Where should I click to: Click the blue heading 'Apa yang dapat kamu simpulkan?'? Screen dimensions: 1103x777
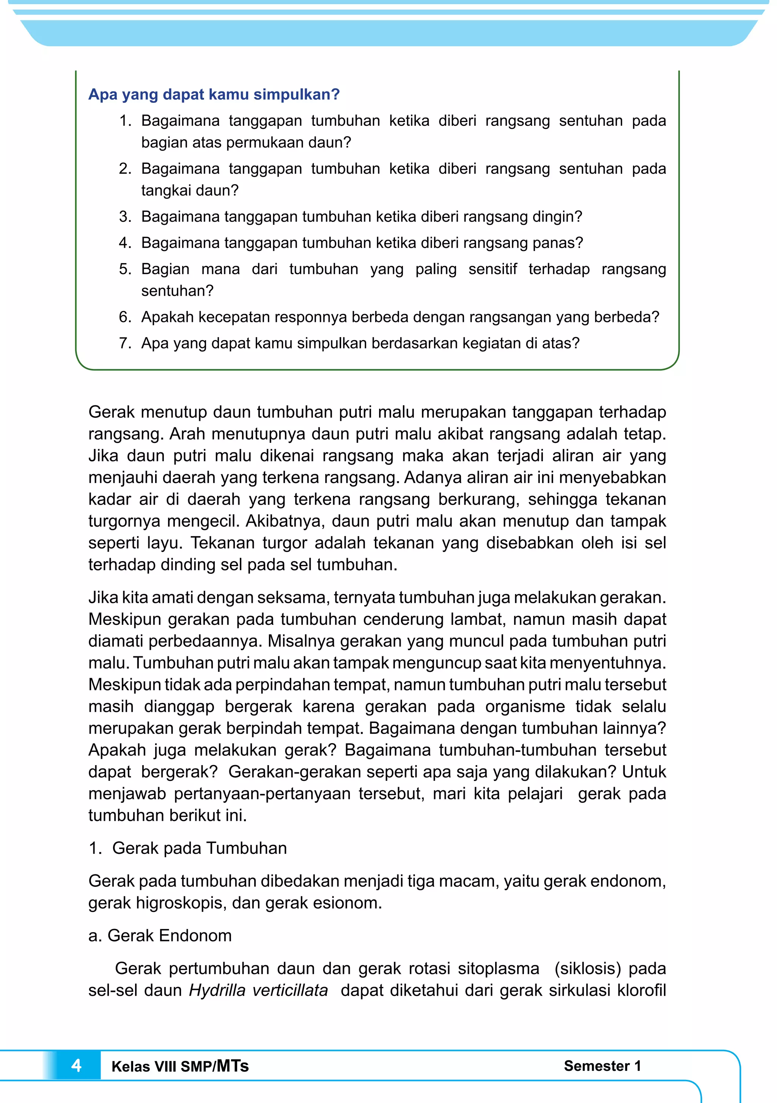click(x=214, y=94)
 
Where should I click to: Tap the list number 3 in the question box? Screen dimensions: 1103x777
click(x=124, y=217)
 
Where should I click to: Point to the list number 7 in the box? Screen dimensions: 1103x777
click(x=124, y=343)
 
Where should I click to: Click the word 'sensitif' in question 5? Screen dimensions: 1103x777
click(x=492, y=269)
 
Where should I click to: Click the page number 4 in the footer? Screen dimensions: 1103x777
click(x=76, y=1065)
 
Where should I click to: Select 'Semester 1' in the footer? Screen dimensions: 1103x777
click(x=602, y=1065)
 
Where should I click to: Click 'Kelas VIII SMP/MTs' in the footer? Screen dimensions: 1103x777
click(x=180, y=1066)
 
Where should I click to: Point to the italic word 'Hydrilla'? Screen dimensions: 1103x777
click(x=217, y=990)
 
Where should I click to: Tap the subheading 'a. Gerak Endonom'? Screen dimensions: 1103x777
click(x=160, y=935)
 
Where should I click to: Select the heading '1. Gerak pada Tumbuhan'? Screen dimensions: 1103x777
click(x=187, y=848)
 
